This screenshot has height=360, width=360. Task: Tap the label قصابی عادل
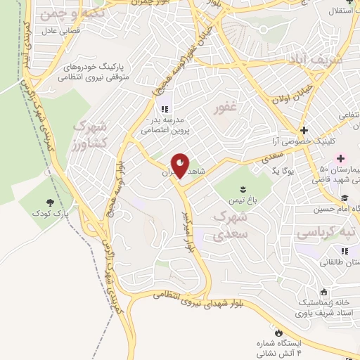click(61, 31)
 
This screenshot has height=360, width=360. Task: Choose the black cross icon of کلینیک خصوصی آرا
click(304, 131)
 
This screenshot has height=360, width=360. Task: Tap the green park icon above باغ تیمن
click(243, 188)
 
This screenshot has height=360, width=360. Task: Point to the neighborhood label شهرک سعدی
click(230, 224)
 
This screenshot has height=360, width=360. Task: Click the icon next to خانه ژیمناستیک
click(323, 292)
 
